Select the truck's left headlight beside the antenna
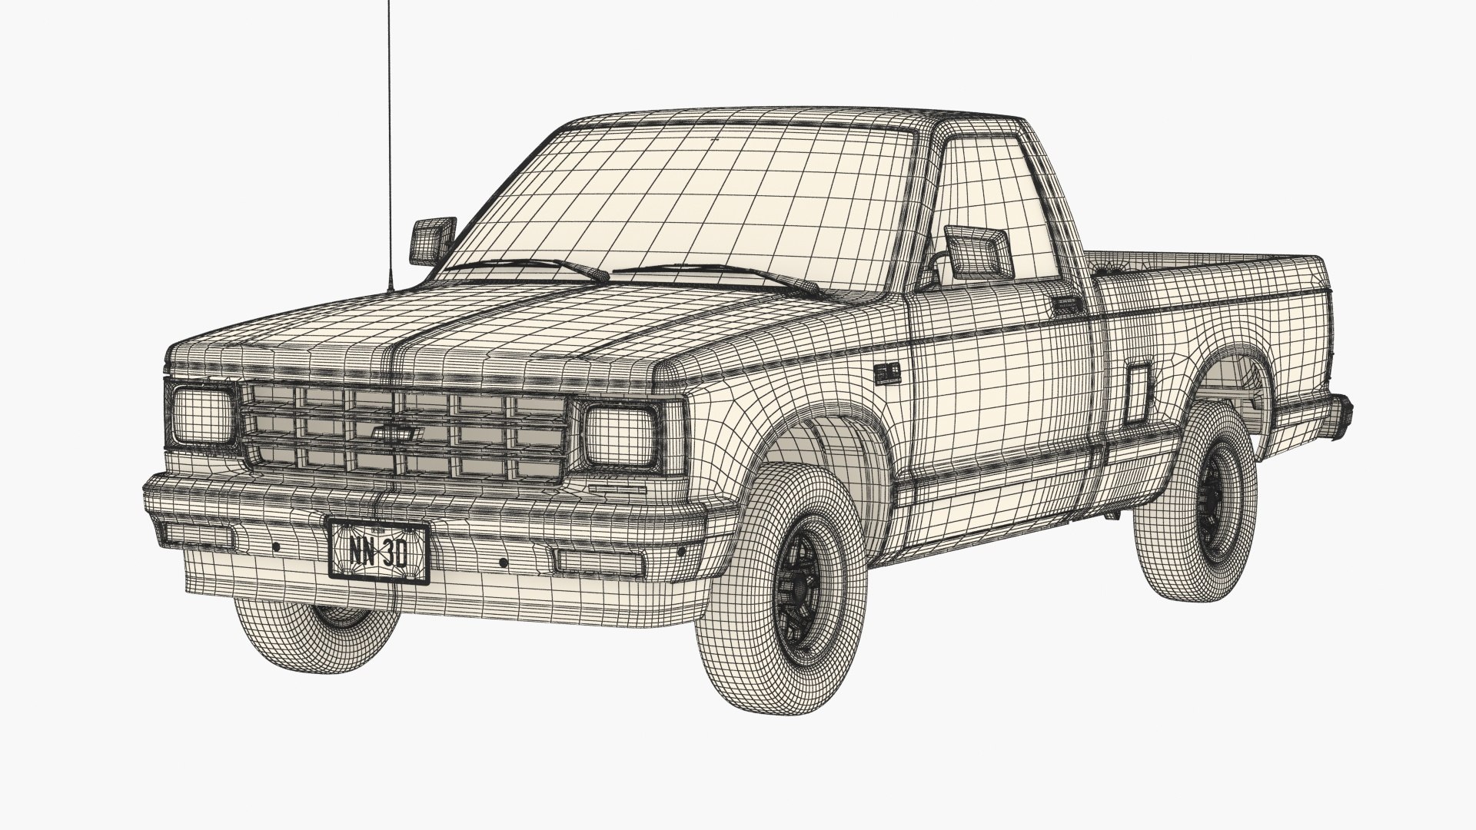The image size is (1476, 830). pyautogui.click(x=201, y=416)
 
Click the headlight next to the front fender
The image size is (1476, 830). pyautogui.click(x=620, y=436)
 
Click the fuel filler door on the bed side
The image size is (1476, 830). pyautogui.click(x=1138, y=393)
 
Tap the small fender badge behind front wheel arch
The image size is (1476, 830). pyautogui.click(x=889, y=373)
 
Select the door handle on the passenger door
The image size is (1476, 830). pyautogui.click(x=1067, y=305)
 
